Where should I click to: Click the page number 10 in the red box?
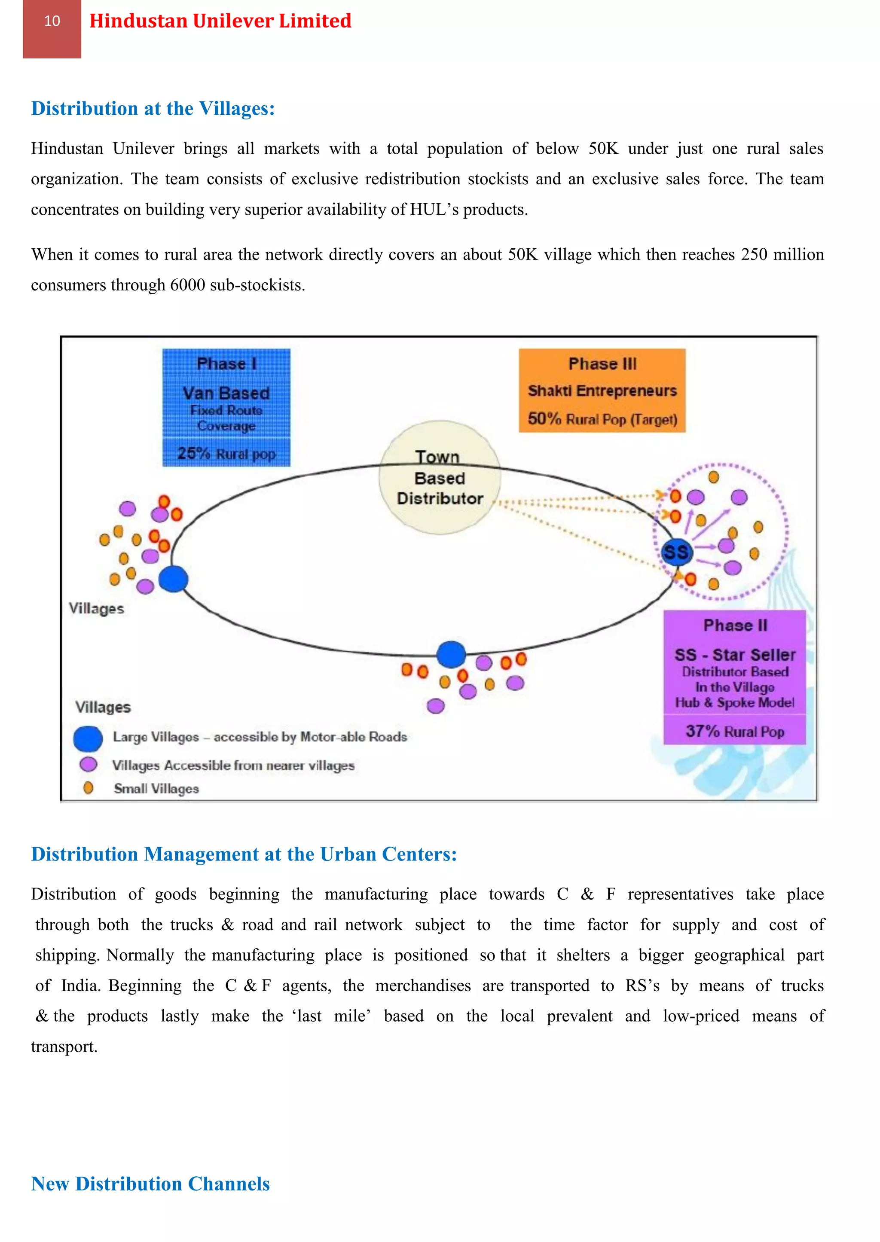[52, 21]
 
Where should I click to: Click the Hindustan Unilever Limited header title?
[220, 21]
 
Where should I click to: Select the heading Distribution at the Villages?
[153, 108]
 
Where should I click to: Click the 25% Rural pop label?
[226, 453]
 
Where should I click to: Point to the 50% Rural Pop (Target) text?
[602, 419]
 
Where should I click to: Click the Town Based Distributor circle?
[440, 478]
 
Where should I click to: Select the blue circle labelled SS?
[677, 552]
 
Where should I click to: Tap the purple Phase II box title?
[735, 626]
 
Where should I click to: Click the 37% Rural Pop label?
[735, 732]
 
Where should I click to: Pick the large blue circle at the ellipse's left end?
[174, 579]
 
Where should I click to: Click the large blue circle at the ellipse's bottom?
[451, 654]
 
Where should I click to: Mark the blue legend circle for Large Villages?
[88, 738]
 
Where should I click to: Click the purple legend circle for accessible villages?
[88, 764]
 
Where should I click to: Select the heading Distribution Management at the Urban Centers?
[244, 854]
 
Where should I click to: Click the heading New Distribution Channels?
[150, 1184]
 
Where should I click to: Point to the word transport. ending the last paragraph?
[64, 1047]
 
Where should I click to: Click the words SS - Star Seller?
[735, 655]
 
